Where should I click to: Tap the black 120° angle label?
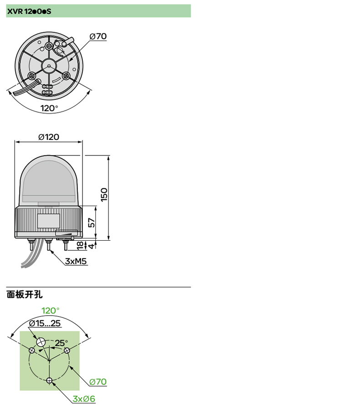point(49,108)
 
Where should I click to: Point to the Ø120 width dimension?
point(49,137)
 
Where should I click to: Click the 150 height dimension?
point(104,195)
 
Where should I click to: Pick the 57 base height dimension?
point(91,222)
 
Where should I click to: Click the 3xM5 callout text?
point(76,261)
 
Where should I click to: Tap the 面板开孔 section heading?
point(25,294)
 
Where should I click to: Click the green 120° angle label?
point(50,311)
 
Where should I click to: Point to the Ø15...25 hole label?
point(45,323)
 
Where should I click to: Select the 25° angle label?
point(61,342)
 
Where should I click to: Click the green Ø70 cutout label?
point(98,381)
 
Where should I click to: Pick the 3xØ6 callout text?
point(84,399)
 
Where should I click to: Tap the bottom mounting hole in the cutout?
point(49,380)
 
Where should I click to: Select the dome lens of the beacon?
point(49,180)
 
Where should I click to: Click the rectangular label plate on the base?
point(48,221)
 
